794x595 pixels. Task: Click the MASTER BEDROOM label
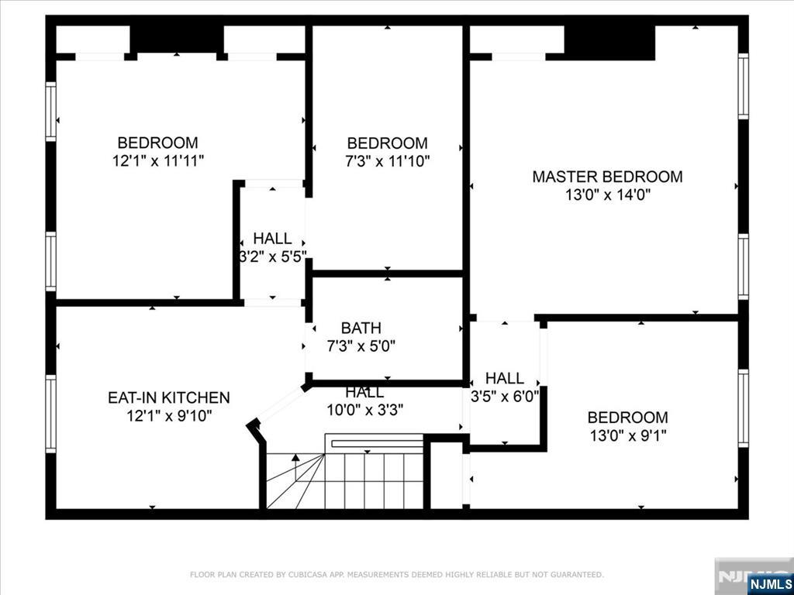607,177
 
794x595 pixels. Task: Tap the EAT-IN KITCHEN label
168,397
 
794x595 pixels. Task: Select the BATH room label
361,328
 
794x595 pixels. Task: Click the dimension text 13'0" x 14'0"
607,195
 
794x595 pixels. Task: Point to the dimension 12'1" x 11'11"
157,161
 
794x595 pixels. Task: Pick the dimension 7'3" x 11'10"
387,161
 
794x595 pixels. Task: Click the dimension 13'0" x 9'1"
627,435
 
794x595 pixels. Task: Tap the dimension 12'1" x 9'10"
168,416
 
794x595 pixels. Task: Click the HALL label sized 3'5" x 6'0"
505,378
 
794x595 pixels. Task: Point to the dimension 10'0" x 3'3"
364,409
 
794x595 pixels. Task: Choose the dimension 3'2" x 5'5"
272,256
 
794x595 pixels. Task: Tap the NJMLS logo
770,583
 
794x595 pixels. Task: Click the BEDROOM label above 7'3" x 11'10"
387,143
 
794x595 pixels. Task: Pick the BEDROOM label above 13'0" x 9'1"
627,417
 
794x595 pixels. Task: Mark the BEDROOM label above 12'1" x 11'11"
157,143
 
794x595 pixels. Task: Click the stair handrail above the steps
374,443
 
